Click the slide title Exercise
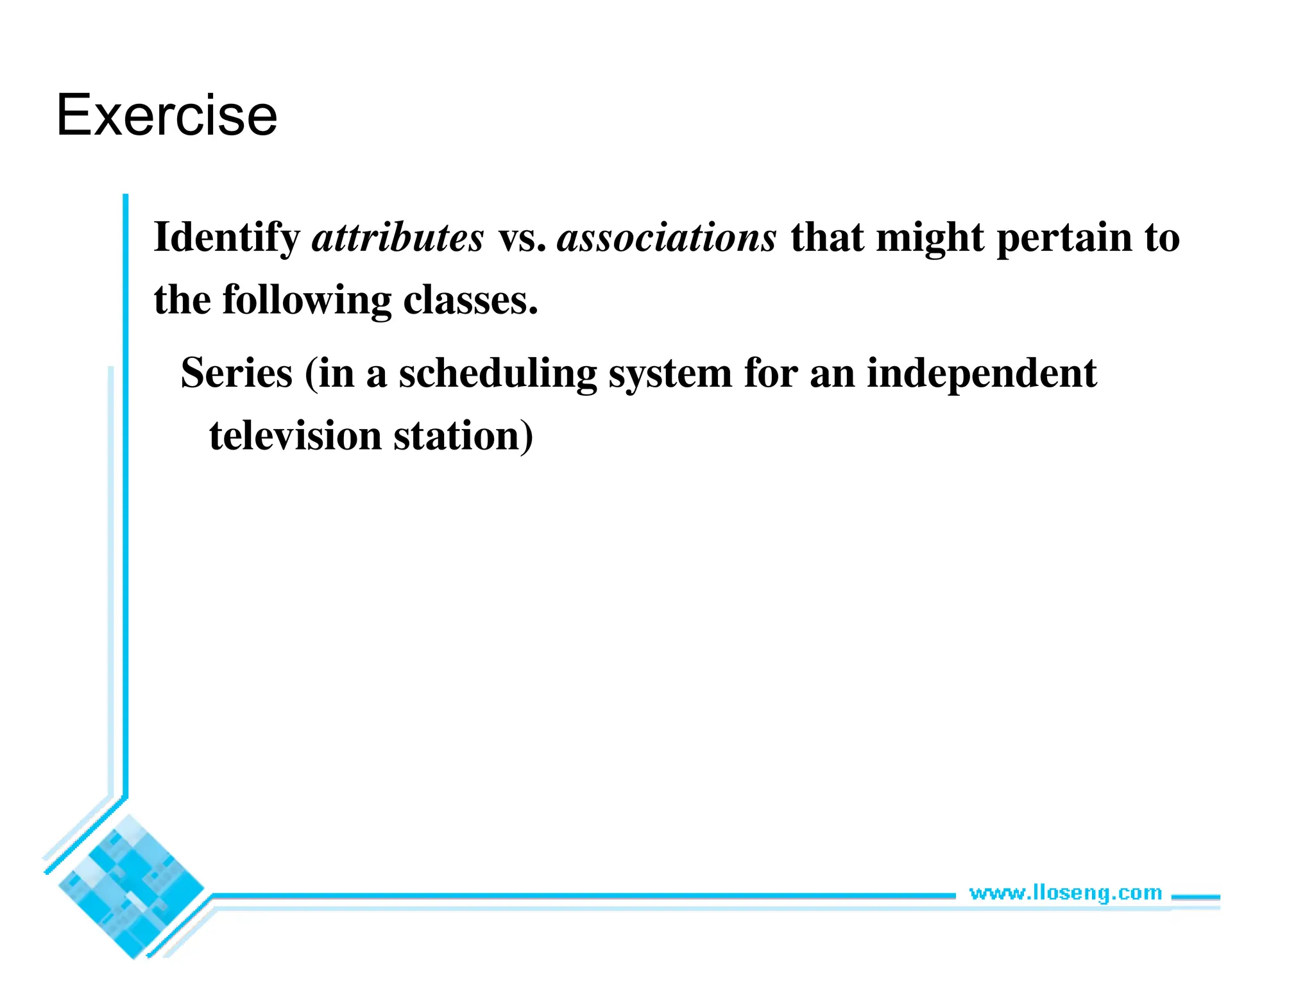click(x=167, y=115)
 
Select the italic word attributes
click(x=398, y=239)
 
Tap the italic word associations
click(x=667, y=239)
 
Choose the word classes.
click(x=470, y=300)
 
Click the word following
click(x=307, y=301)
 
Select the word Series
click(x=237, y=373)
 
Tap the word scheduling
click(x=497, y=375)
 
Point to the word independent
click(x=982, y=375)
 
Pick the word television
click(x=295, y=436)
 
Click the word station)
click(x=463, y=436)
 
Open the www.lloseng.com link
click(x=1065, y=893)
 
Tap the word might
click(x=930, y=239)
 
